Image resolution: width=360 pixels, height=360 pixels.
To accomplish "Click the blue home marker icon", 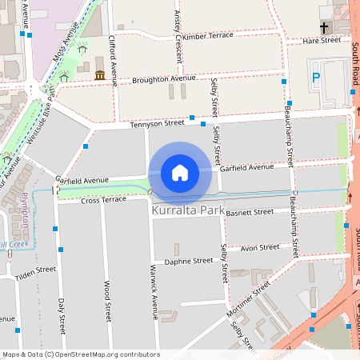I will pos(180,173).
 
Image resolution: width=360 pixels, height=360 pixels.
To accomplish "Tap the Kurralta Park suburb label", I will pos(189,210).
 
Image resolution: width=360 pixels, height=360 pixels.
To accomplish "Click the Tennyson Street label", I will pos(157,123).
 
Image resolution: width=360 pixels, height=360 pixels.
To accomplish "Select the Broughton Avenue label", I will pos(164,78).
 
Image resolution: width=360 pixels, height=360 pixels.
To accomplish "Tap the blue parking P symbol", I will pos(316,78).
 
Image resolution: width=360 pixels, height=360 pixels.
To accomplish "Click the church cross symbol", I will pos(324,26).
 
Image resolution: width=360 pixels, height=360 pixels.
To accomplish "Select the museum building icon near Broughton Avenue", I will pos(100,75).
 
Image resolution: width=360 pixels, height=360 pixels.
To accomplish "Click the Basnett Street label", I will pos(250,212).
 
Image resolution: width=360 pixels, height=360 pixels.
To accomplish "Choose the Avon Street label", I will pos(259,248).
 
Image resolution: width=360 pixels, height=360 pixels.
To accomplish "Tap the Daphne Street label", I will pos(188,261).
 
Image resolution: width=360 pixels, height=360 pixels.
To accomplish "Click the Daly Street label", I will pos(62,315).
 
